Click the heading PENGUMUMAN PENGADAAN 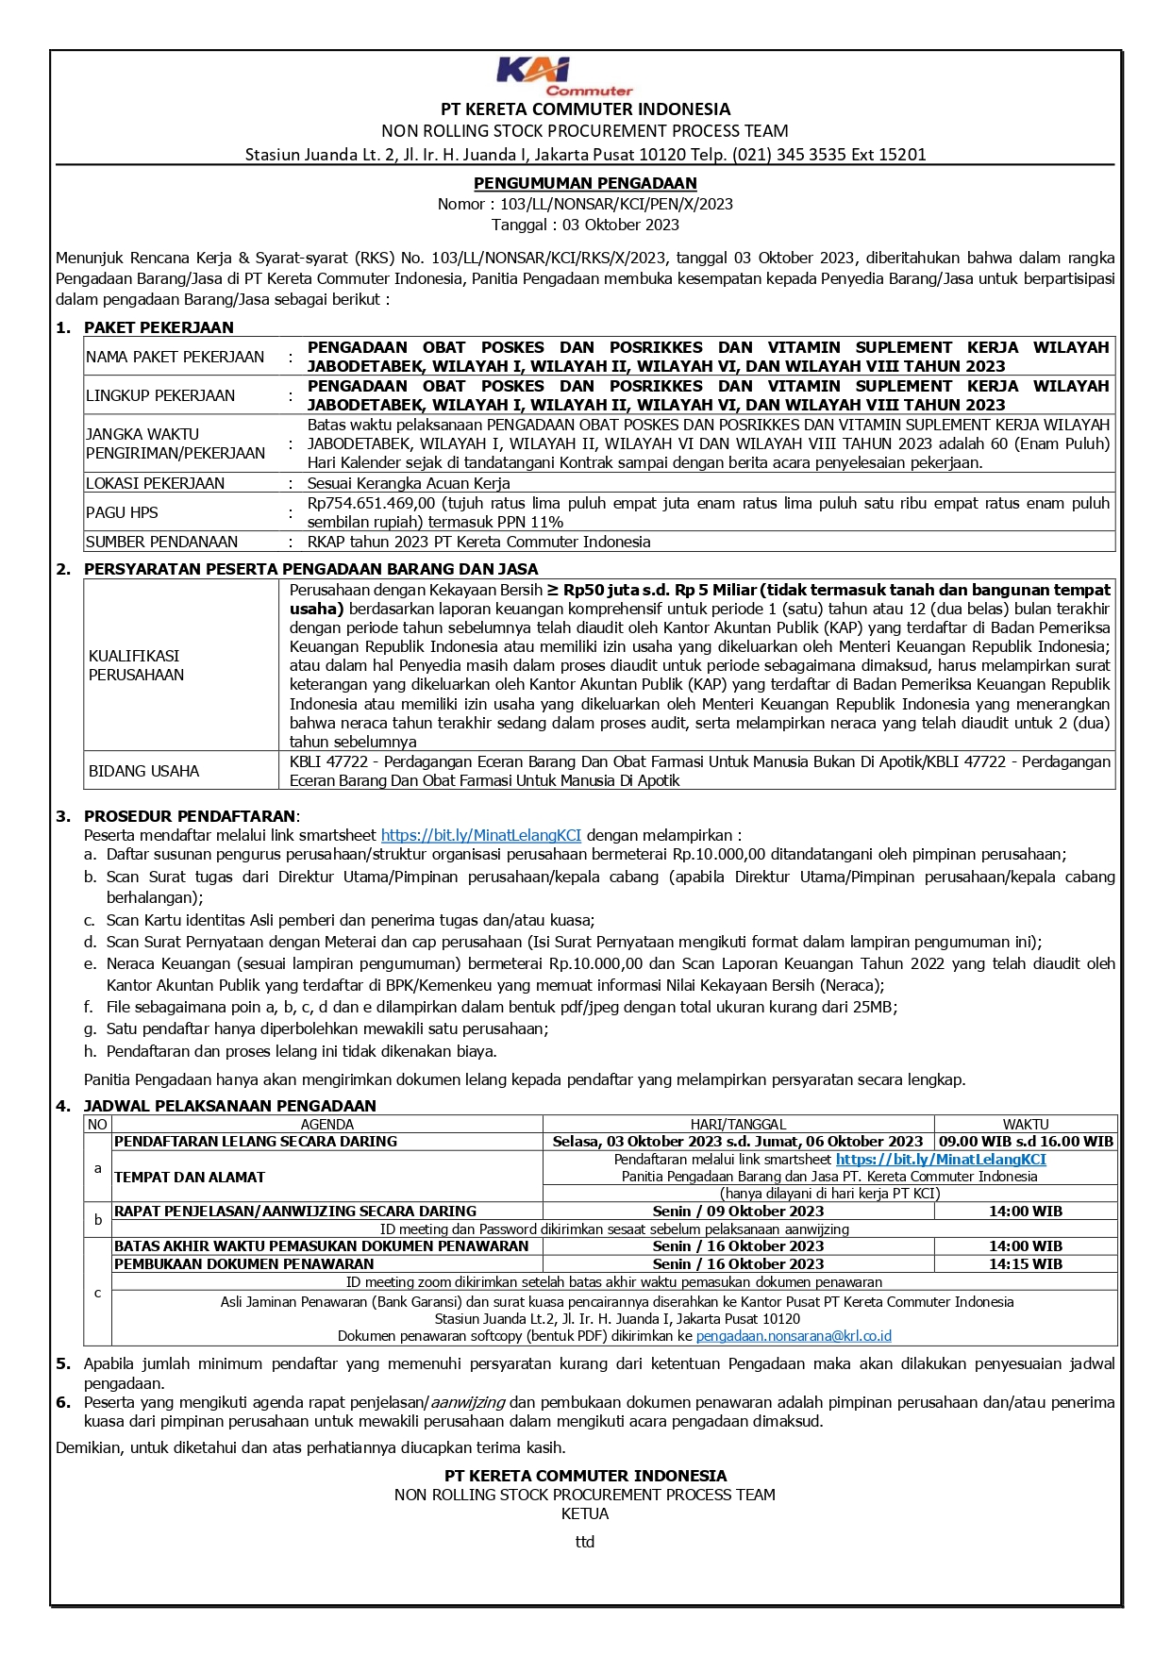pyautogui.click(x=585, y=183)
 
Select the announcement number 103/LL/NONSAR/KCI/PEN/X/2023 pyautogui.click(x=616, y=204)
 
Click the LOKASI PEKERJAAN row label pyautogui.click(x=156, y=483)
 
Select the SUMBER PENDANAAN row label pyautogui.click(x=162, y=542)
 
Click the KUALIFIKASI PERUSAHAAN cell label pyautogui.click(x=136, y=665)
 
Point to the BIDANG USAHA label pyautogui.click(x=143, y=771)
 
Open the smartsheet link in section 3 pyautogui.click(x=480, y=835)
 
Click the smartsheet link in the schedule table pyautogui.click(x=941, y=1160)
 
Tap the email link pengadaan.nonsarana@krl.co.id pyautogui.click(x=794, y=1336)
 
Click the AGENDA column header pyautogui.click(x=326, y=1125)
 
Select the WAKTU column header pyautogui.click(x=1026, y=1125)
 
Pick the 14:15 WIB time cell pyautogui.click(x=1026, y=1264)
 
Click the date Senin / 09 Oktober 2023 pyautogui.click(x=738, y=1212)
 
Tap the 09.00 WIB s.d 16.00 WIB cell pyautogui.click(x=1026, y=1142)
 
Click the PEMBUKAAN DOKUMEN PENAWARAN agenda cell pyautogui.click(x=244, y=1264)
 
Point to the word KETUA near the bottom pyautogui.click(x=585, y=1513)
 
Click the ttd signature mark pyautogui.click(x=585, y=1542)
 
